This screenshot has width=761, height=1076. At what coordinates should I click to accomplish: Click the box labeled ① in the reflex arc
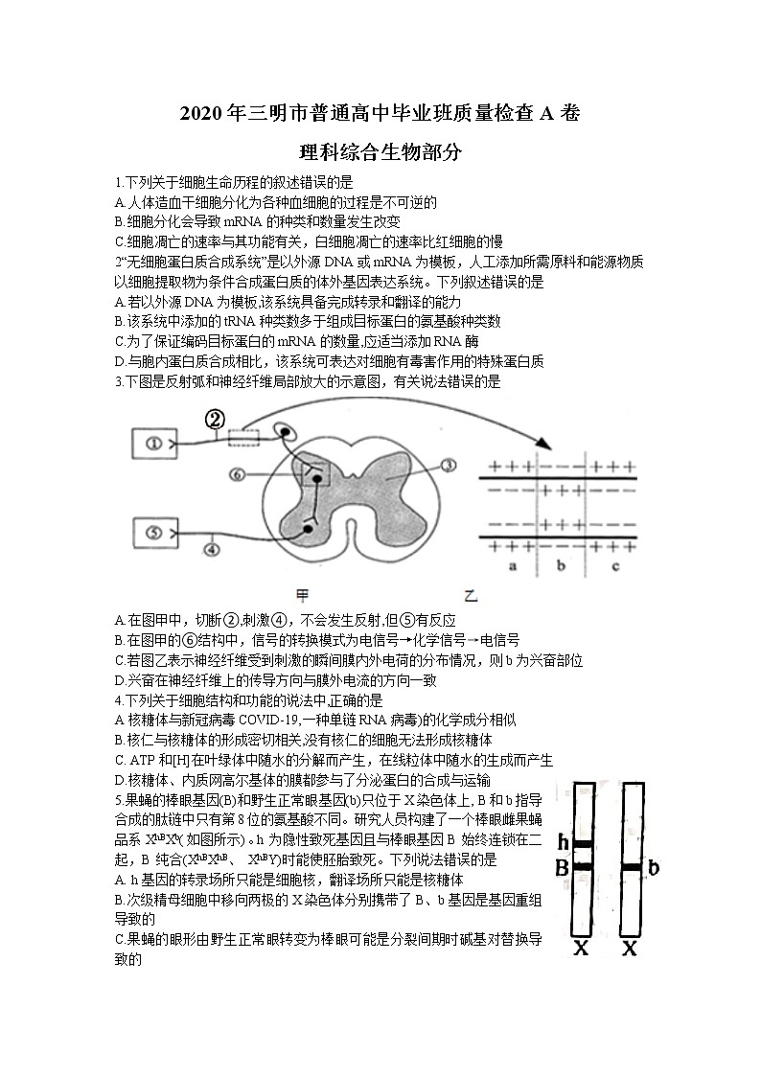152,444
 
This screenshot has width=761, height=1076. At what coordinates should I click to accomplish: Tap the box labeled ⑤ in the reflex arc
152,533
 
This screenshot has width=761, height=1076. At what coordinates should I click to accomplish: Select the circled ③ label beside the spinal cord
448,465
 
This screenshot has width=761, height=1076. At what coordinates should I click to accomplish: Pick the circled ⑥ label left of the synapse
238,473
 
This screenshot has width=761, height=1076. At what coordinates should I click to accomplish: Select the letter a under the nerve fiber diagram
513,567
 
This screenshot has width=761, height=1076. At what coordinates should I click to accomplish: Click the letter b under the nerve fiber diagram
561,567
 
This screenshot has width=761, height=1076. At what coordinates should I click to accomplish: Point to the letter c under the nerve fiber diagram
613,567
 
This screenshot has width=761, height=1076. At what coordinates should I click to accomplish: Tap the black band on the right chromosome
631,868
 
